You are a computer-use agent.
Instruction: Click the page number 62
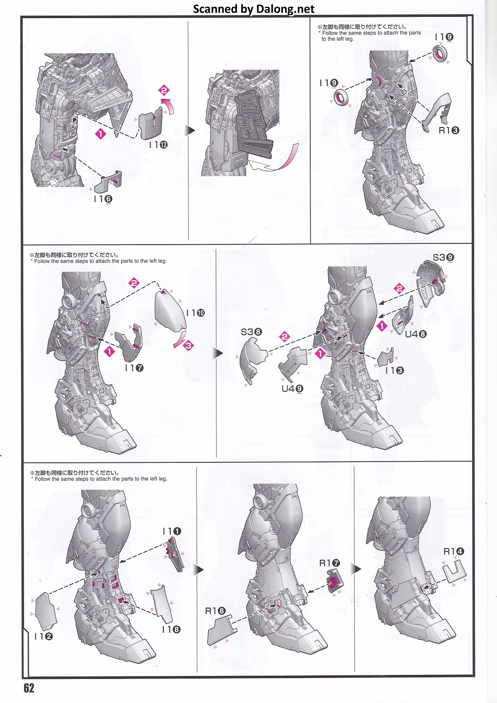click(x=29, y=688)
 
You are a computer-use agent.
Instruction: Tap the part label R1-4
click(x=453, y=551)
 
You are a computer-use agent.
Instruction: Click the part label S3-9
click(x=443, y=257)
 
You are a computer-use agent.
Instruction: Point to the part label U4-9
click(x=292, y=388)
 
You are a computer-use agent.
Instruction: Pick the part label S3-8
click(x=251, y=332)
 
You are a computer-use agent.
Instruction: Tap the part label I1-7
click(x=134, y=368)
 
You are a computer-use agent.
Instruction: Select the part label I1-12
click(x=158, y=145)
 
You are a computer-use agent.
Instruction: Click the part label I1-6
click(x=103, y=199)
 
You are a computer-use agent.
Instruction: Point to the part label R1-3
click(x=449, y=130)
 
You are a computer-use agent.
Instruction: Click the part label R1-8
click(x=215, y=611)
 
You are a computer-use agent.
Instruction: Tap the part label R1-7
click(x=329, y=563)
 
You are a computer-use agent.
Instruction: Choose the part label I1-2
click(x=43, y=636)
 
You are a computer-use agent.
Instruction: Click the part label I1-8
click(x=171, y=629)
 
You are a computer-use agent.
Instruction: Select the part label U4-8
click(x=416, y=334)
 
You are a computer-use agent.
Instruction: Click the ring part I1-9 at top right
click(x=440, y=54)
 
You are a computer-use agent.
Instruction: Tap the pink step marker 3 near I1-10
click(x=188, y=345)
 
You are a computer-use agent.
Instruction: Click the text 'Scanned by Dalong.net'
click(x=254, y=9)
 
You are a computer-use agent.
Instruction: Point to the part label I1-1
click(x=172, y=531)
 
